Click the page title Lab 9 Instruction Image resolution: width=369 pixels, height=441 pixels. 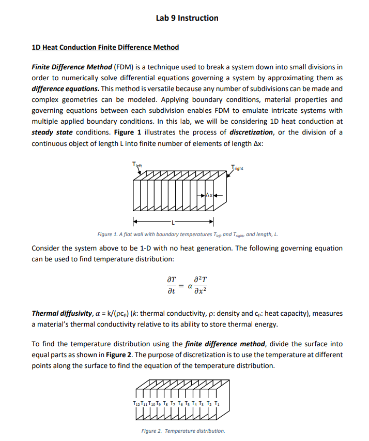(x=187, y=18)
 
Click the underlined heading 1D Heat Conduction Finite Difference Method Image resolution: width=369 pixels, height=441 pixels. (x=105, y=48)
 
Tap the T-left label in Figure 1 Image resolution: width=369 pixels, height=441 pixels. (x=136, y=165)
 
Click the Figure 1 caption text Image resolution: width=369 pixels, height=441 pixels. (x=188, y=234)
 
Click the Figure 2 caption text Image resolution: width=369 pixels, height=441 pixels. (x=183, y=431)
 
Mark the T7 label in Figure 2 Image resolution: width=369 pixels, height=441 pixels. (x=174, y=403)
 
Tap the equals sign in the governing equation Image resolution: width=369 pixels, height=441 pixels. (x=181, y=286)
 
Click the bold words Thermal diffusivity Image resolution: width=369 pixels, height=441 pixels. (x=63, y=314)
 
